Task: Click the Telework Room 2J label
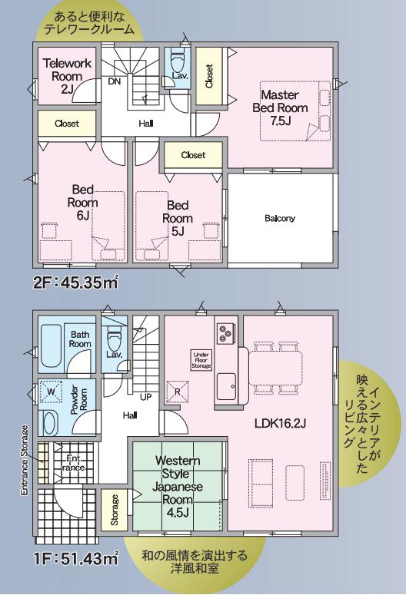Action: point(67,76)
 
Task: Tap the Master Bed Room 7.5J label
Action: point(280,107)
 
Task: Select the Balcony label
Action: point(280,218)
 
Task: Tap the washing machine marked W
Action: point(51,392)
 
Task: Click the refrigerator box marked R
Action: point(177,392)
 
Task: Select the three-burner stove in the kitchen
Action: point(224,332)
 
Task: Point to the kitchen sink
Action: point(227,386)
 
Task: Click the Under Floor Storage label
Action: point(201,361)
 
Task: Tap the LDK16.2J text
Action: point(280,424)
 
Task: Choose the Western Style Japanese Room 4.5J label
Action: point(178,487)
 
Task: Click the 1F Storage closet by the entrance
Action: point(114,510)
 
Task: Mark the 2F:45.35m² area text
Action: point(76,283)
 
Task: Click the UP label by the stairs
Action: point(145,397)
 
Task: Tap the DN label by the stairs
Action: point(114,81)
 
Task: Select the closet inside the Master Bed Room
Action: point(208,76)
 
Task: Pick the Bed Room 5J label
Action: point(178,218)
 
